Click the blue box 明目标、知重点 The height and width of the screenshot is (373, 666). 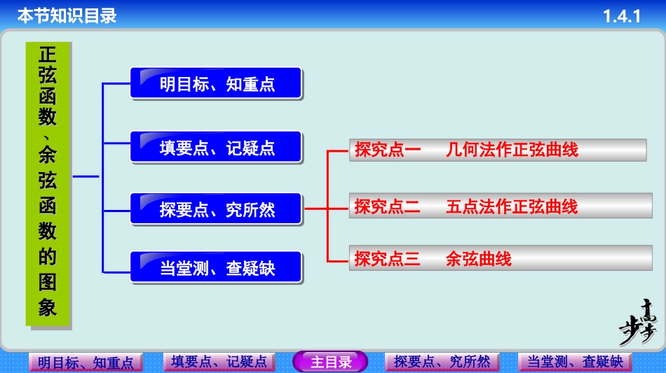click(216, 84)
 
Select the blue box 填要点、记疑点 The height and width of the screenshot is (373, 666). click(216, 148)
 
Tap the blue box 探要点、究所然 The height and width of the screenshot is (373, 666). click(216, 209)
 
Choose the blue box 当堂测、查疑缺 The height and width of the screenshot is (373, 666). click(216, 267)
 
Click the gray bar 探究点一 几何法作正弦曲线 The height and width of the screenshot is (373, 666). click(497, 150)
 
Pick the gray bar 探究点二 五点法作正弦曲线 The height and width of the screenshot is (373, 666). click(497, 207)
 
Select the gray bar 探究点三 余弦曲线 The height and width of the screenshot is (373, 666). click(497, 259)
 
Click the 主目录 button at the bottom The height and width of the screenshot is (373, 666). click(330, 362)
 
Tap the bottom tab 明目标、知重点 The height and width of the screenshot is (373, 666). click(86, 363)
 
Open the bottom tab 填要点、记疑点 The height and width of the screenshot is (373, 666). click(219, 362)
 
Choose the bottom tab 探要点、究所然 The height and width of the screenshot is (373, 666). click(442, 362)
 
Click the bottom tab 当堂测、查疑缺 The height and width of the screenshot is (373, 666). click(575, 362)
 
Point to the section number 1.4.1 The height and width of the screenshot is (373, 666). click(622, 15)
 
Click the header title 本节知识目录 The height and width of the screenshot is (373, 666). click(67, 15)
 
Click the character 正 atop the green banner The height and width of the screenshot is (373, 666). click(48, 55)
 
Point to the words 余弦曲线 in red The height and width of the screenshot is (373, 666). click(479, 259)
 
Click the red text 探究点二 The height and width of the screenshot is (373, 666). click(387, 207)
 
